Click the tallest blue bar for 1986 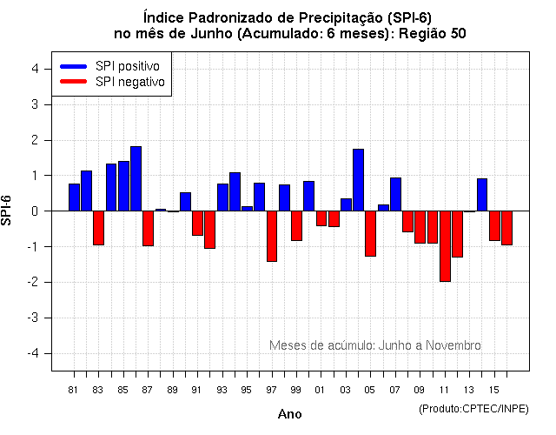pos(136,179)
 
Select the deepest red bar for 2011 pos(445,246)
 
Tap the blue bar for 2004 pos(358,180)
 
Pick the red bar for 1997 pos(272,236)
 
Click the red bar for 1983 pos(99,228)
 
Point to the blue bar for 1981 pos(75,197)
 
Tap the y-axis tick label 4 pos(34,69)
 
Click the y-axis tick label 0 pos(34,211)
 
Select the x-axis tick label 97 pos(272,390)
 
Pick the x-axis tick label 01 pos(321,390)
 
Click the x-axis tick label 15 pos(493,390)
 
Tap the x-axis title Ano pos(289,415)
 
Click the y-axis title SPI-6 pos(9,211)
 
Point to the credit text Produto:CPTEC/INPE pos(473,408)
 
